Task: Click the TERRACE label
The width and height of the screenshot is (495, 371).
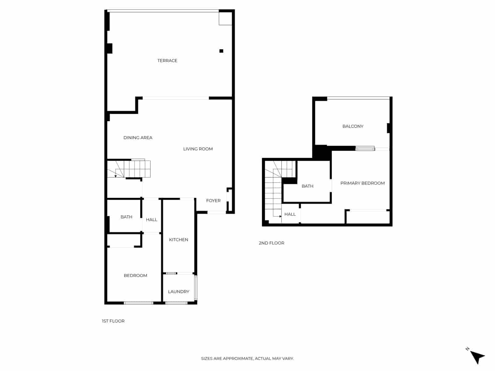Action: point(167,61)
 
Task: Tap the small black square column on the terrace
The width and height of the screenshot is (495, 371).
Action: point(221,51)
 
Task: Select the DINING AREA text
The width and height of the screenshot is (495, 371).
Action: point(138,138)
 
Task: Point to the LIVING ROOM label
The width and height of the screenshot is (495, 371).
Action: point(198,149)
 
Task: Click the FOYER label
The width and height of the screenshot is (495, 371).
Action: point(213,201)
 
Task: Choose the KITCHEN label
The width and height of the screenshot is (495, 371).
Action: point(179,240)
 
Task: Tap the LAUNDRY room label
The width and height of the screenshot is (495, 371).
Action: point(179,292)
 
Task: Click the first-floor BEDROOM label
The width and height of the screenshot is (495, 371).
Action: point(135,275)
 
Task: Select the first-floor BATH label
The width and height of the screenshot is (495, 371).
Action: point(126,217)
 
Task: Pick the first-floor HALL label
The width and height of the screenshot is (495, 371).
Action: point(151,220)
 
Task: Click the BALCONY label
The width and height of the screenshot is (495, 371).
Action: point(353,126)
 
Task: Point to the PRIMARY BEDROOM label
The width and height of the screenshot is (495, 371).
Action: point(362,183)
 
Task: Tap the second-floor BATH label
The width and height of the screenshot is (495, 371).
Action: point(307,186)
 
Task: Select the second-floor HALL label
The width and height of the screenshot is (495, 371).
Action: point(290,214)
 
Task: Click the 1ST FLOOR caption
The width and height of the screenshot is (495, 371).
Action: point(113,321)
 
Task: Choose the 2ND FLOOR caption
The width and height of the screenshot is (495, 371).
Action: point(271,243)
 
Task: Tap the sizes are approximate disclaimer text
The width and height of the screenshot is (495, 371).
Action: point(247,359)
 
